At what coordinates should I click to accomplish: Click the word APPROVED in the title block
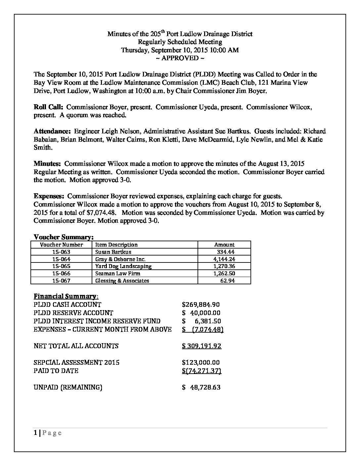pyautogui.click(x=180, y=58)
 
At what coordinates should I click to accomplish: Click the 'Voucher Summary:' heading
pyautogui.click(x=64, y=237)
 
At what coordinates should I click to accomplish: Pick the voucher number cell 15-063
pyautogui.click(x=61, y=252)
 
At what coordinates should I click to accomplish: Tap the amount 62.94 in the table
pyautogui.click(x=228, y=281)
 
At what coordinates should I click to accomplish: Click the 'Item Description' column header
pyautogui.click(x=116, y=245)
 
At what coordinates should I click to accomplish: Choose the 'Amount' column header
pyautogui.click(x=224, y=245)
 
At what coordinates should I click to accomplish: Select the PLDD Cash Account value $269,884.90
pyautogui.click(x=201, y=304)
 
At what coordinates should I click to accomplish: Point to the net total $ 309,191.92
pyautogui.click(x=202, y=346)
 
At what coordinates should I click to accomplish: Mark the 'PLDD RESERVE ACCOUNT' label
pyautogui.click(x=73, y=313)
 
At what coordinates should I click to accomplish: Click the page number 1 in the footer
pyautogui.click(x=35, y=433)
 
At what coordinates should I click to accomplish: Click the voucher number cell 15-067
pyautogui.click(x=61, y=281)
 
